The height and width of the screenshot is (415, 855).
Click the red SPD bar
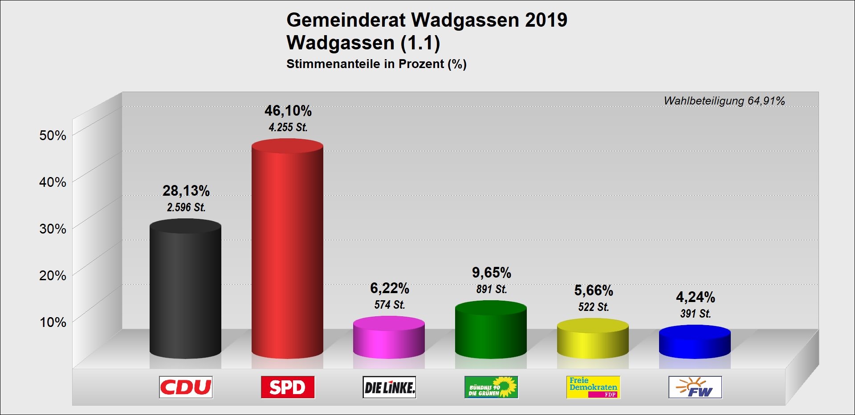click(x=287, y=249)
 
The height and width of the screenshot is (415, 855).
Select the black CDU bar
click(x=185, y=289)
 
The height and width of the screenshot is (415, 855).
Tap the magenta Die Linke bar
click(x=389, y=338)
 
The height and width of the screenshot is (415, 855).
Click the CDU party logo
click(x=186, y=387)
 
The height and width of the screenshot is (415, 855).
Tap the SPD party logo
click(x=288, y=387)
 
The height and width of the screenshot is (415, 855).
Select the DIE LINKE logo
click(x=389, y=387)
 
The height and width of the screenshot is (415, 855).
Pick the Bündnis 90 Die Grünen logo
click(x=491, y=387)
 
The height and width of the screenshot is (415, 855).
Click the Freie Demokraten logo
click(x=593, y=387)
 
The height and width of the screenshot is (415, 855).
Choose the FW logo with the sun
click(x=695, y=387)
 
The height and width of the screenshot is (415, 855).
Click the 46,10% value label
click(x=288, y=111)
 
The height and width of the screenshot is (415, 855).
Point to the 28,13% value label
click(x=186, y=191)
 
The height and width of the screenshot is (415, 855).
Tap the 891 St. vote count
click(x=492, y=289)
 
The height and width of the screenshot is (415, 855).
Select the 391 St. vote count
click(x=696, y=314)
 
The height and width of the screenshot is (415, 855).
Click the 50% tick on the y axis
click(x=53, y=135)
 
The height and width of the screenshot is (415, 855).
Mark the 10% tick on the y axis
click(x=53, y=322)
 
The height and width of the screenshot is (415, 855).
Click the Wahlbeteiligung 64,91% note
click(x=724, y=101)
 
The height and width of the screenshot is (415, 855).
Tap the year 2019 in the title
click(x=546, y=20)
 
